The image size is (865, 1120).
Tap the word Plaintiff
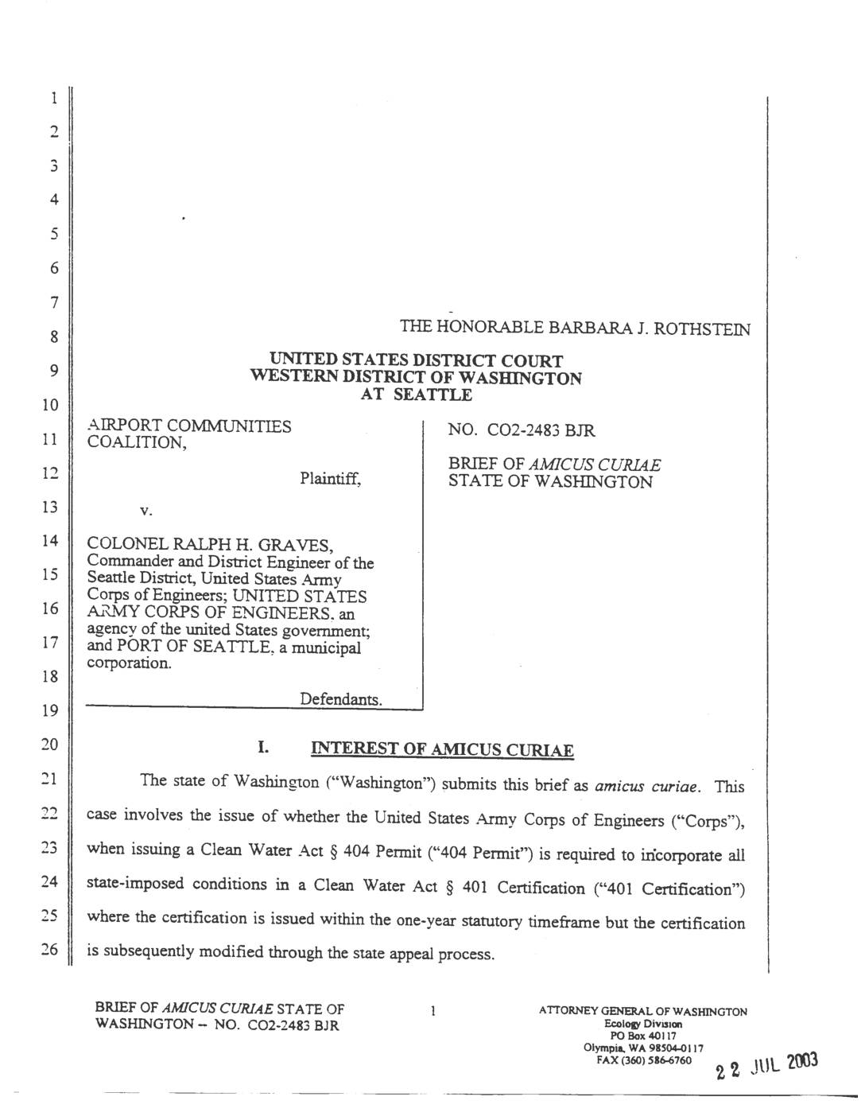point(330,479)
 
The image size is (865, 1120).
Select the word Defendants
point(340,699)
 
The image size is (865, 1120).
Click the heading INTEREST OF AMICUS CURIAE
point(441,749)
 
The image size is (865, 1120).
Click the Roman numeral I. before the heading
point(263,748)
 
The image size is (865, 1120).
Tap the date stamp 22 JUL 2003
point(766,1066)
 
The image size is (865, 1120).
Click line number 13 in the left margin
point(50,507)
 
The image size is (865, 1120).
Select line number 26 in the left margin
point(50,950)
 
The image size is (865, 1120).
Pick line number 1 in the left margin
point(53,99)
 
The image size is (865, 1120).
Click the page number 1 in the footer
point(432,1012)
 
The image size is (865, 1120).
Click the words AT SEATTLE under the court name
point(416,395)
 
